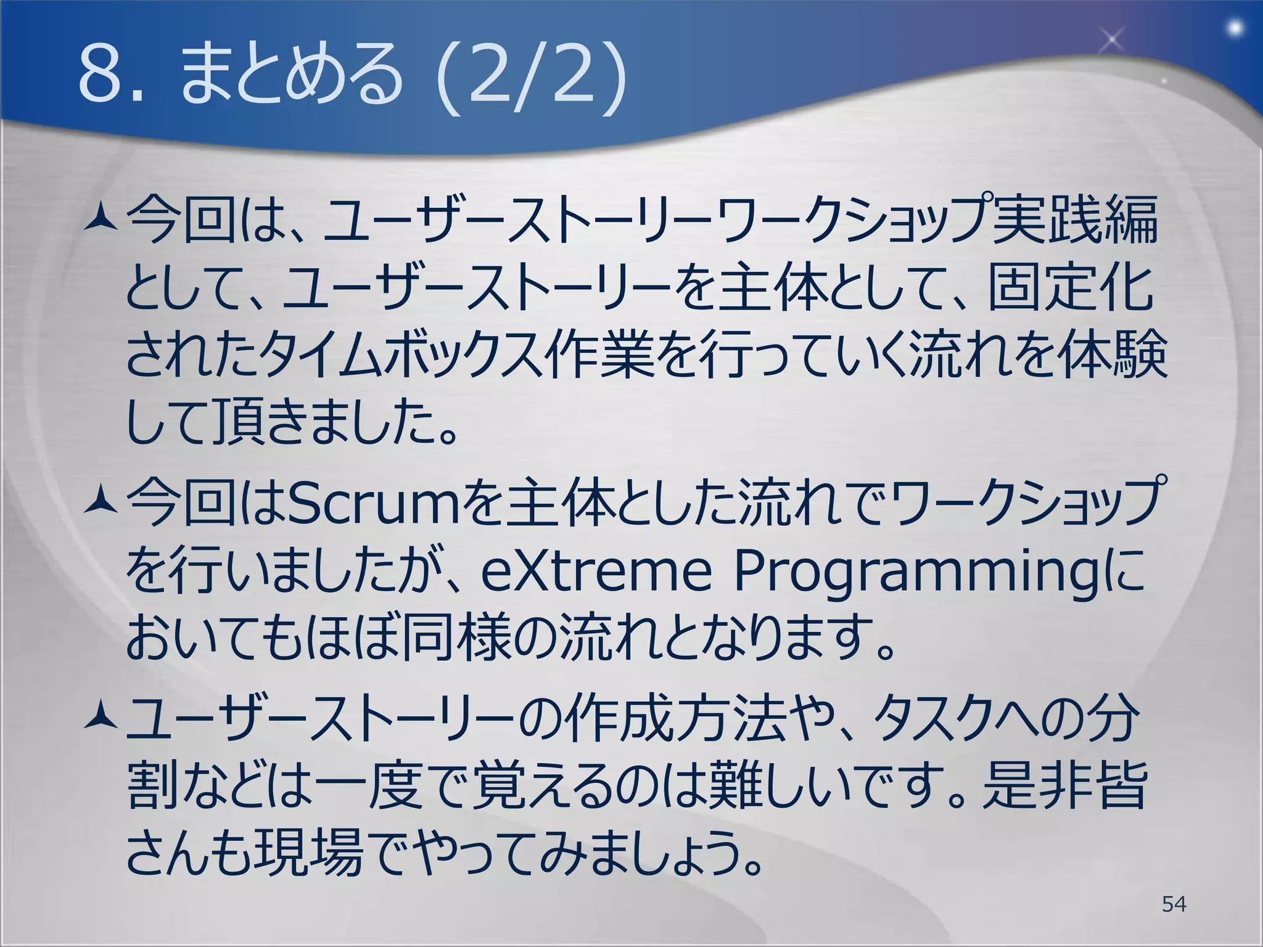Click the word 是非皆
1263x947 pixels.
pos(1064,786)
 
